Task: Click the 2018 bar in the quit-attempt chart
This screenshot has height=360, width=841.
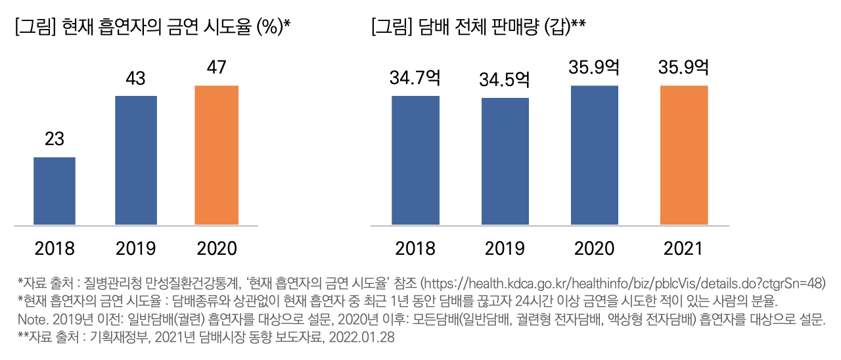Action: point(55,191)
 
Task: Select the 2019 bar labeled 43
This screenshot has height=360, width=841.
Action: point(136,160)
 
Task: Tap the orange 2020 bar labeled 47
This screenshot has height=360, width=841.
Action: point(217,155)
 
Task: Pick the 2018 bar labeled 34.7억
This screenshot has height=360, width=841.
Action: point(415,160)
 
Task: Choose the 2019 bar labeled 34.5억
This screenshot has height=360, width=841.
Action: point(505,161)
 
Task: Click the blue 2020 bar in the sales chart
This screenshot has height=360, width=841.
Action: point(595,155)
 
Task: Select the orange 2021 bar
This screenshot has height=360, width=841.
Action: point(684,155)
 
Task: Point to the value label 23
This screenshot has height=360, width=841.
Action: point(55,140)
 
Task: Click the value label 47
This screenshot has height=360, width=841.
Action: point(217,68)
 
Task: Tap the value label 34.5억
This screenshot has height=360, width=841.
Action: point(505,80)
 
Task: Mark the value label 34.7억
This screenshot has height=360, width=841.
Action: point(415,78)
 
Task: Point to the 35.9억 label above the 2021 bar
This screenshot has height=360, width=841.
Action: point(684,68)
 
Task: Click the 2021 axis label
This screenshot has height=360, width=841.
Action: point(684,249)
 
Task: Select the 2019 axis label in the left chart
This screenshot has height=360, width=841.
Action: point(136,249)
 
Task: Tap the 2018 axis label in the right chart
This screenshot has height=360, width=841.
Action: point(415,249)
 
